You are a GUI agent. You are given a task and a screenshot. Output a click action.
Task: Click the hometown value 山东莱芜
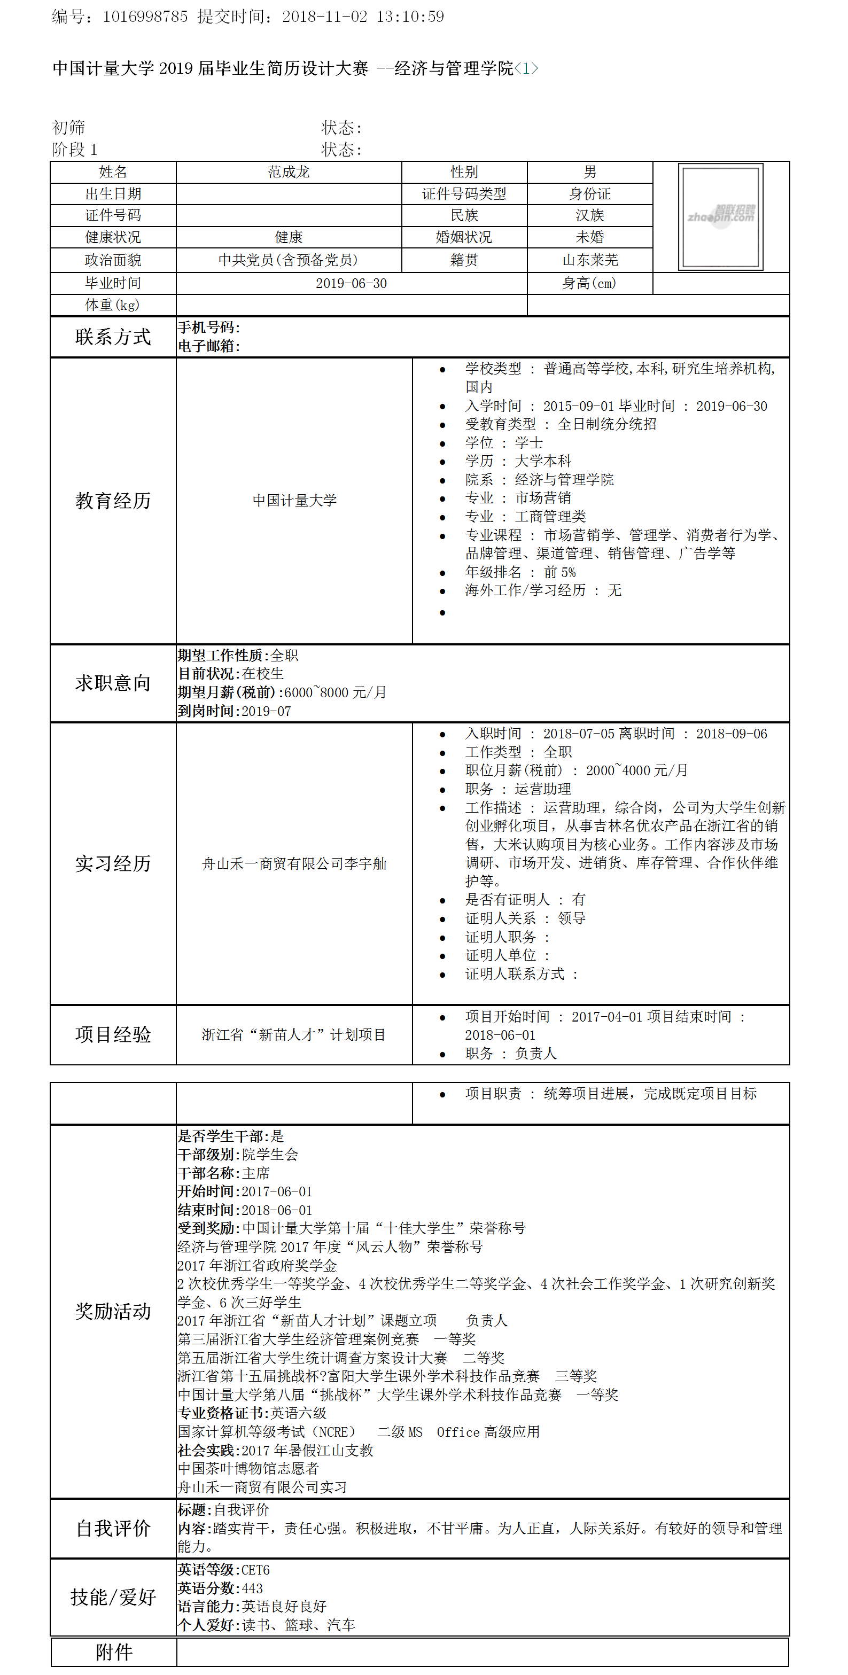click(590, 260)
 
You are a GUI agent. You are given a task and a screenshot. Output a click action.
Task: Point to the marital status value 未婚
click(590, 237)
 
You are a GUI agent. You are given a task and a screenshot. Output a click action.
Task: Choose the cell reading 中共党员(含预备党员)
click(288, 260)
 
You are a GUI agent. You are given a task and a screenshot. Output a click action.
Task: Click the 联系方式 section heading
click(113, 337)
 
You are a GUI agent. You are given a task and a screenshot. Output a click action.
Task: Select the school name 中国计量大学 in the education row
click(294, 501)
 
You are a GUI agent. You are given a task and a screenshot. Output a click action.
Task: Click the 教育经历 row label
click(113, 501)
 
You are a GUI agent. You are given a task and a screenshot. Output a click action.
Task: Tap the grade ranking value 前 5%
click(560, 572)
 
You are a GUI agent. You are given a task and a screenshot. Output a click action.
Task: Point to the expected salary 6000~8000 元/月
click(336, 692)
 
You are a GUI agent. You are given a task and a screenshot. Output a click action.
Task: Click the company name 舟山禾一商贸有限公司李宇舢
click(294, 863)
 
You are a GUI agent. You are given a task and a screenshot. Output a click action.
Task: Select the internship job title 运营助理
click(543, 789)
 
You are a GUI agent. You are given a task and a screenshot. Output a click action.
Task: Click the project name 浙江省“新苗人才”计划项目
click(294, 1034)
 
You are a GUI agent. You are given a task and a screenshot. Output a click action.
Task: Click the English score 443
click(252, 1588)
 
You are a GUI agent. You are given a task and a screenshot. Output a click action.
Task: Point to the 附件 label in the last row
click(114, 1651)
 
